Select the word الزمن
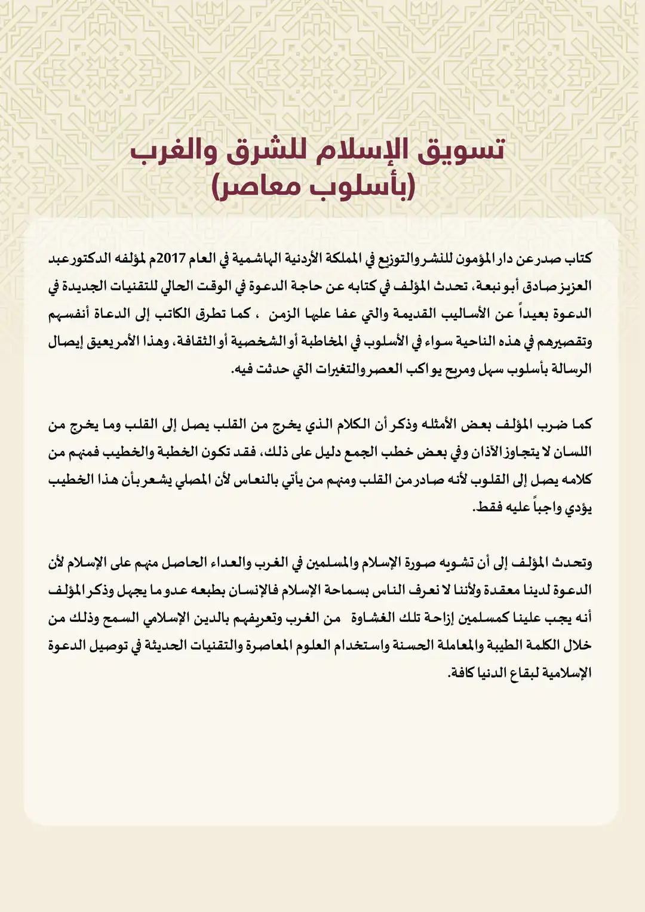tap(284, 314)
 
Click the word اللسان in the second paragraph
tap(567, 452)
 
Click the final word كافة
tap(462, 673)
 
